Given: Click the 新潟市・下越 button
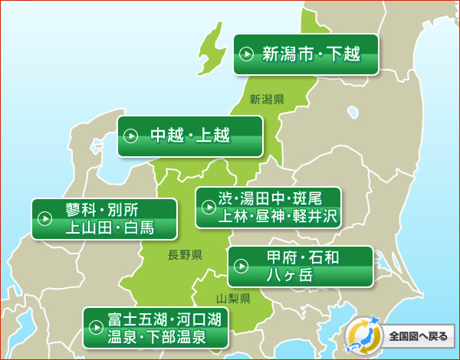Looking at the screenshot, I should [306, 54].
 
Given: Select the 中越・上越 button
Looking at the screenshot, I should [190, 136].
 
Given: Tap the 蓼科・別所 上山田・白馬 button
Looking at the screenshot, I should [104, 218].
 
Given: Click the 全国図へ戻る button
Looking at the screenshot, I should [402, 335].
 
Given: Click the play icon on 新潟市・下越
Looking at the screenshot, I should [247, 54].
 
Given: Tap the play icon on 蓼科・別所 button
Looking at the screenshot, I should [44, 219].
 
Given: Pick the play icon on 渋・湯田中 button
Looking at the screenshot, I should [209, 207].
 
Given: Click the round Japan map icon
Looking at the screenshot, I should [362, 335].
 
